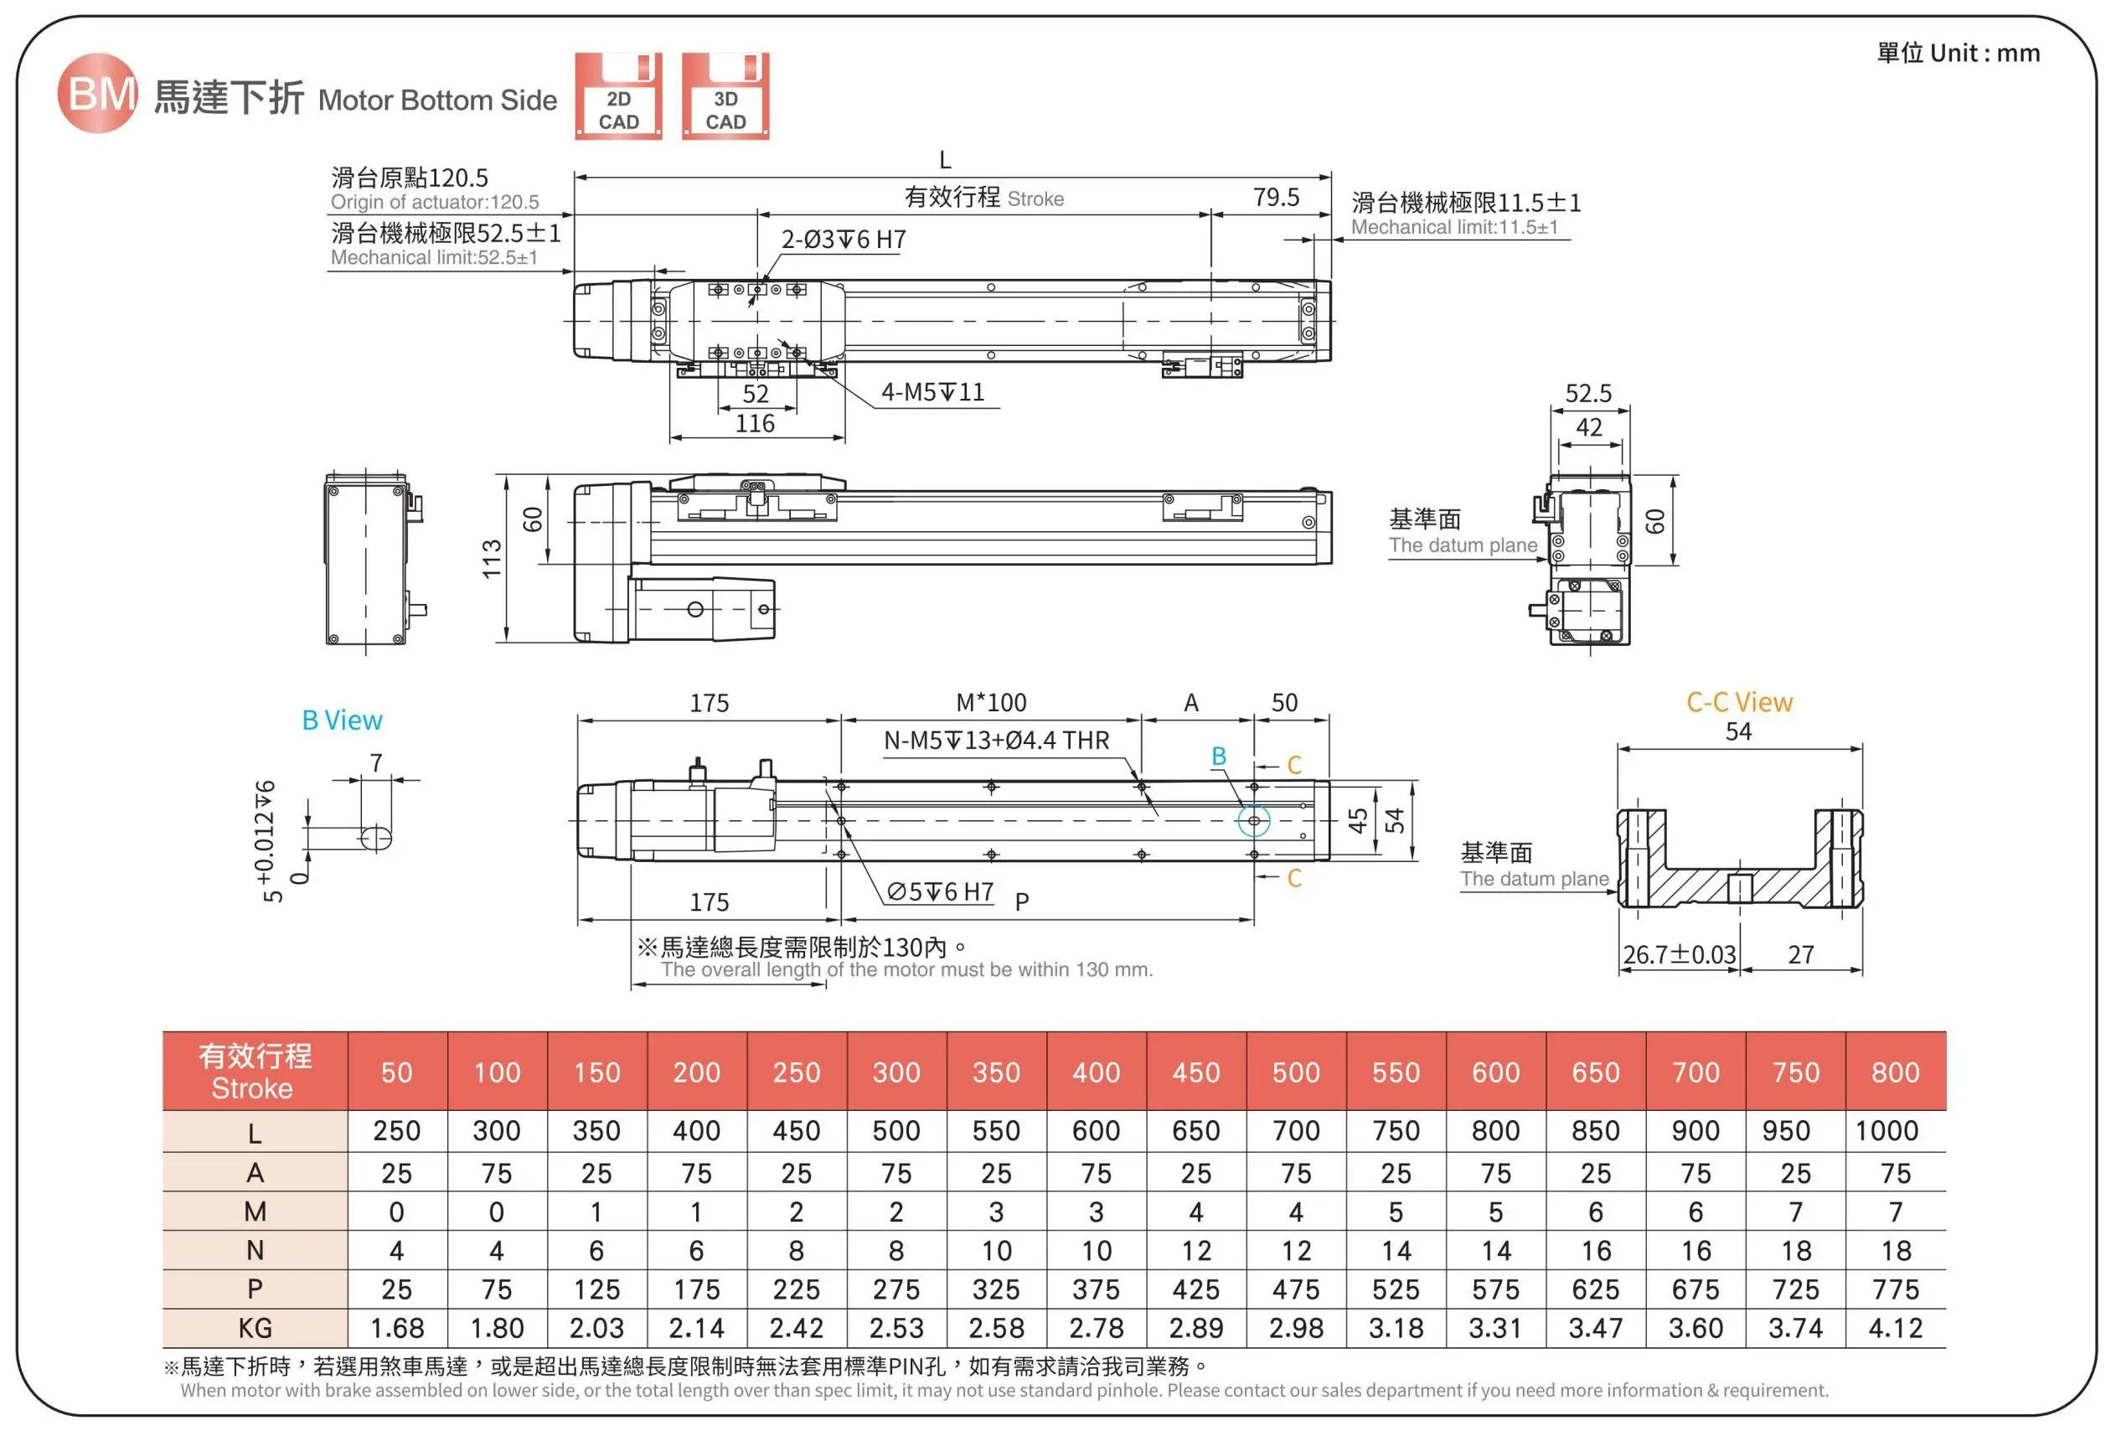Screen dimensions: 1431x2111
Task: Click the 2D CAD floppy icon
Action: tap(618, 96)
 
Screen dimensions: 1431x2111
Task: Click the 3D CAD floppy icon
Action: tap(725, 96)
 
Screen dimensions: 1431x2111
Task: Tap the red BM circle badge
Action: tap(97, 93)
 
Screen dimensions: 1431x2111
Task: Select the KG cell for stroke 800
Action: tap(1895, 1328)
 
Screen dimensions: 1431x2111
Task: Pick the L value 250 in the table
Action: tap(397, 1131)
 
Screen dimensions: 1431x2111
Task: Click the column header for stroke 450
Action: tap(1195, 1072)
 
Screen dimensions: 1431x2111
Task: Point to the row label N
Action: tap(255, 1251)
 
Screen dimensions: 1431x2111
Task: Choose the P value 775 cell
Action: tap(1895, 1290)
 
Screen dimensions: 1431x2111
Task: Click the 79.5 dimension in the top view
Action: tap(1275, 197)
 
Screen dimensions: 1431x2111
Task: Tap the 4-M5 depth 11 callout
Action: tap(933, 392)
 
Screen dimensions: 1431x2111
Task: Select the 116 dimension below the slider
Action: tap(755, 424)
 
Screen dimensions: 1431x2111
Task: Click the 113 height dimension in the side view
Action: tap(492, 559)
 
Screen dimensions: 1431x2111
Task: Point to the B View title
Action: tap(342, 721)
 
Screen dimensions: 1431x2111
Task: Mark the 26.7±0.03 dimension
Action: tap(1679, 955)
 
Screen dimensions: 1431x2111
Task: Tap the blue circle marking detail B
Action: tap(1253, 820)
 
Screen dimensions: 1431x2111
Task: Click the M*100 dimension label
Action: tap(991, 702)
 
